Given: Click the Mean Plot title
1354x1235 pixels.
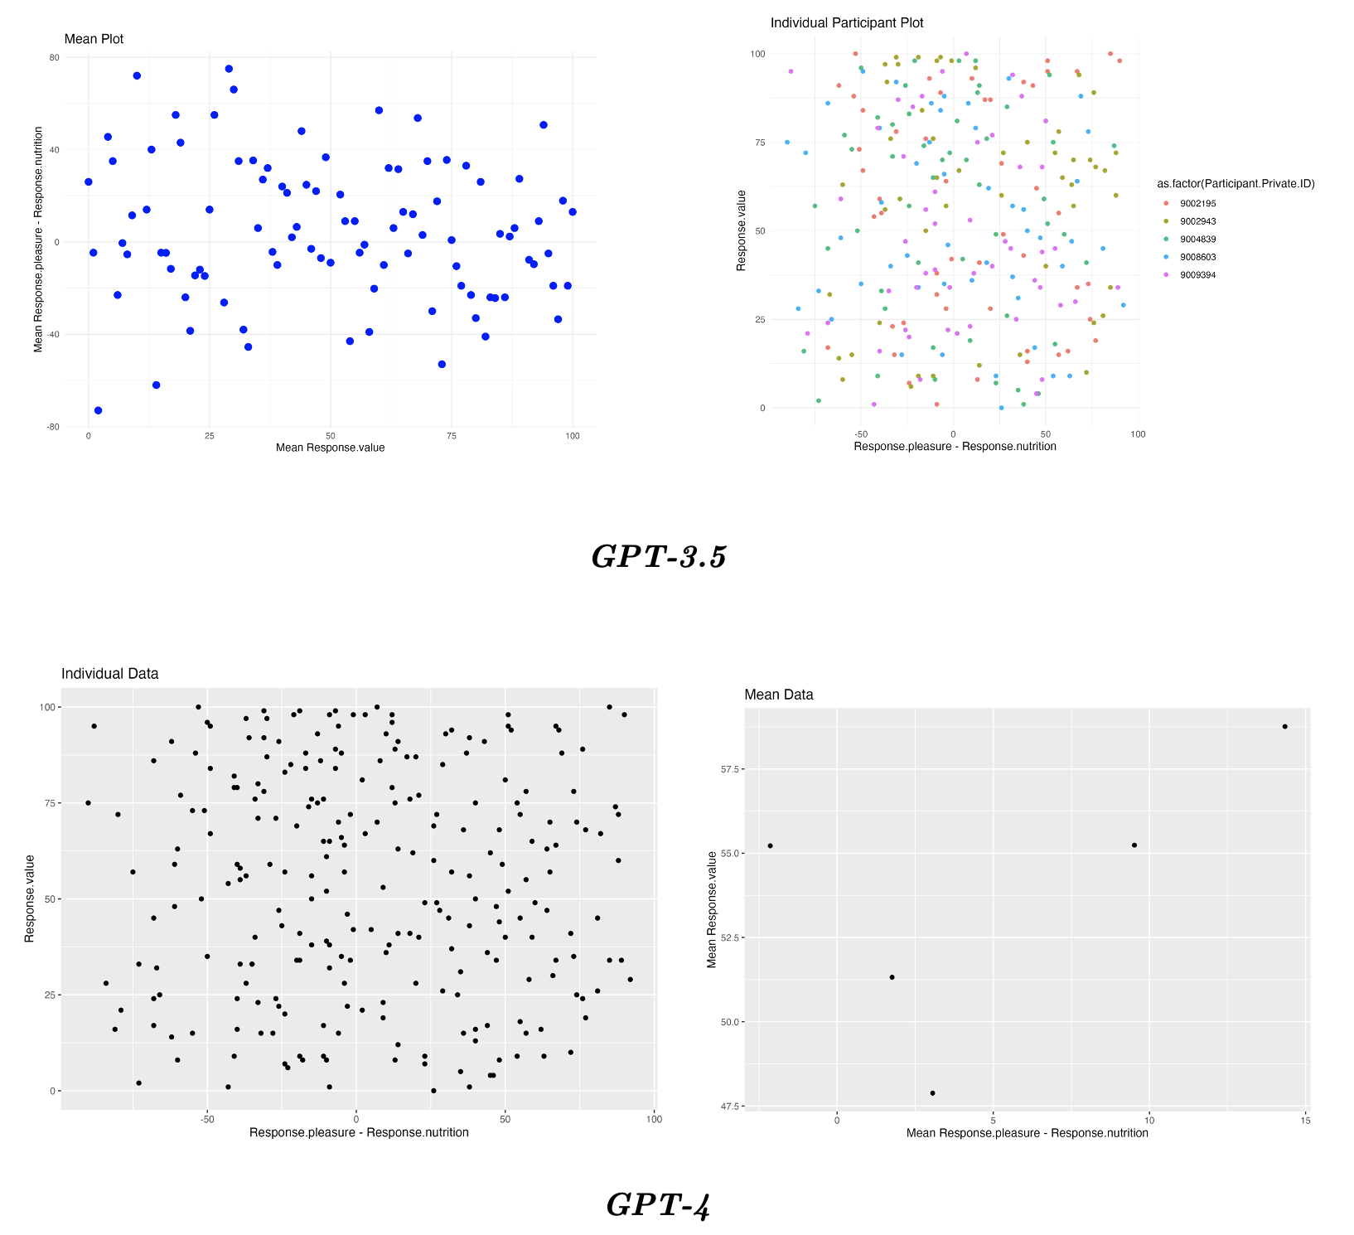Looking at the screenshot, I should pos(94,39).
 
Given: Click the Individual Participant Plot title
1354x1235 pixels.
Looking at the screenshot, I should pos(846,23).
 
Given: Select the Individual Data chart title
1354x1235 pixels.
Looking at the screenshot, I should pos(109,674).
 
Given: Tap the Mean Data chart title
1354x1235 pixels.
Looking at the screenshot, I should pos(778,695).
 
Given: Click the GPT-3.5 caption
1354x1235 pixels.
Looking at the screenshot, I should pos(659,557).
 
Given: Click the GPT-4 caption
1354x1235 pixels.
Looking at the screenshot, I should pos(658,1205).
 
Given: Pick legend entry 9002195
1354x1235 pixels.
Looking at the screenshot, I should pos(1197,204).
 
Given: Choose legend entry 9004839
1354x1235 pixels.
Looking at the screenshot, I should pos(1197,240).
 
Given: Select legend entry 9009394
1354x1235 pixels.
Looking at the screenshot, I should pos(1197,275).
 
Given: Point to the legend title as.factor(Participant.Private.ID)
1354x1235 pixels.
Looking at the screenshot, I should pos(1236,184).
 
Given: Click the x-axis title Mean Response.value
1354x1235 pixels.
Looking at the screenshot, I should pos(330,448).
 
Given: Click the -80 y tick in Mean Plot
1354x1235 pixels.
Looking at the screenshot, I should pos(54,427).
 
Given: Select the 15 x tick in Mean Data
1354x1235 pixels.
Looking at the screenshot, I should pos(1306,1121).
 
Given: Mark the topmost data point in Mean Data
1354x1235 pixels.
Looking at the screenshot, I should pos(1284,727).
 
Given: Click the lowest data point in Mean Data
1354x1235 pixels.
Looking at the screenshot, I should pos(932,1093).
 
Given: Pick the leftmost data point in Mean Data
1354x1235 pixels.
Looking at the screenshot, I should pos(770,845).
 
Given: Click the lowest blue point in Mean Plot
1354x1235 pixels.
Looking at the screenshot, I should pos(98,410).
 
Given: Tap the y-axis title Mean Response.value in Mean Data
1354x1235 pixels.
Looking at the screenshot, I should pos(712,909).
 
